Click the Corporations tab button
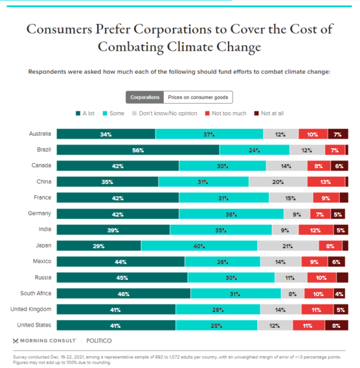145,97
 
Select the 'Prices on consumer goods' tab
198,97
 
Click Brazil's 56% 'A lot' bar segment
138,150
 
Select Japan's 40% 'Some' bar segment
199,246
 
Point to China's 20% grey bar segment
278,182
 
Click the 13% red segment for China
326,182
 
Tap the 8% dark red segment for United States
337,325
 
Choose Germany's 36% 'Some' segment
231,213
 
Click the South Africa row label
37,293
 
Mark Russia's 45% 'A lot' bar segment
122,277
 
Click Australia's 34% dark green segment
106,134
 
